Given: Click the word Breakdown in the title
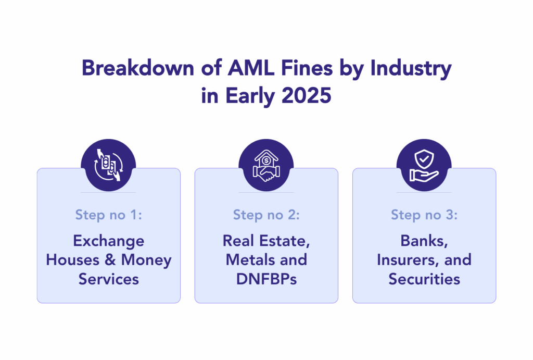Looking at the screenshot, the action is [x=138, y=68].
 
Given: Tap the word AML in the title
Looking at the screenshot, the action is [x=251, y=68].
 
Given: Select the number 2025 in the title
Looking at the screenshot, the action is [x=306, y=95].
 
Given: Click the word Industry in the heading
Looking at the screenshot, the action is [x=411, y=69].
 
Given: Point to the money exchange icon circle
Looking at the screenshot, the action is [x=108, y=165].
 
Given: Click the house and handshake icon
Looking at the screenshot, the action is [x=266, y=165].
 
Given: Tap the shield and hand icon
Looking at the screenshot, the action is [x=424, y=165].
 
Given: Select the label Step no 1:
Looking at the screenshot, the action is [x=108, y=215].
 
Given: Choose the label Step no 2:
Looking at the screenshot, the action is [x=266, y=215].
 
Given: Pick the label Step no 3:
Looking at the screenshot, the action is [x=424, y=215].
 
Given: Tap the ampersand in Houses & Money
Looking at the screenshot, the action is [x=110, y=260].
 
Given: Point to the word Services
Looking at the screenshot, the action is [x=109, y=279].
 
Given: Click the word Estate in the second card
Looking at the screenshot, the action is [x=285, y=241].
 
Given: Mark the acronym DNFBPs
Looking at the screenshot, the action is [x=266, y=279].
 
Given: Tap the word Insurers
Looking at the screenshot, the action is [x=408, y=260].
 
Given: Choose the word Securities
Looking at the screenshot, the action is [x=424, y=279].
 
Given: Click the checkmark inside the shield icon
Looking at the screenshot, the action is [x=424, y=158].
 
